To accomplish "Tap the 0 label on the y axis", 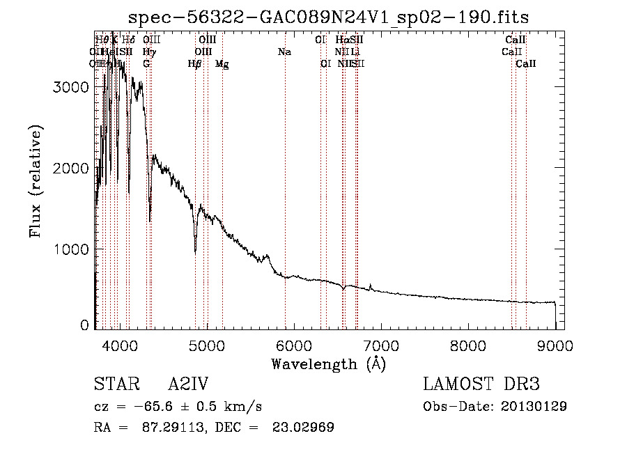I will pyautogui.click(x=85, y=325).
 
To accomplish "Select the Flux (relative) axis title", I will pyautogui.click(x=36, y=181).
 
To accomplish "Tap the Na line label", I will pyautogui.click(x=284, y=52).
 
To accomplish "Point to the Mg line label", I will pyautogui.click(x=222, y=64).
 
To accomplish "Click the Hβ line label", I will pyautogui.click(x=195, y=64).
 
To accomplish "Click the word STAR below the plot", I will pyautogui.click(x=114, y=385).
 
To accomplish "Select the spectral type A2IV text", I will pyautogui.click(x=189, y=385).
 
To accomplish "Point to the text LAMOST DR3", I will pyautogui.click(x=481, y=385).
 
